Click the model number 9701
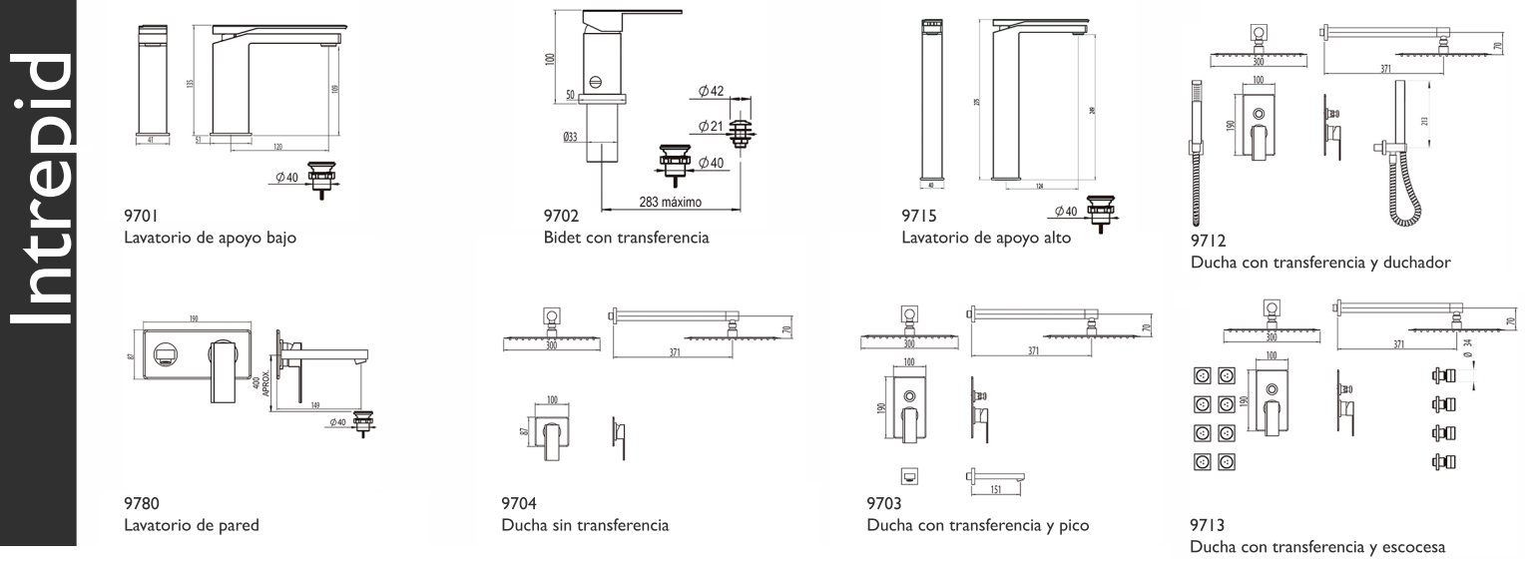[x=141, y=215]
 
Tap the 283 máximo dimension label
[x=670, y=202]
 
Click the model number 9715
[x=917, y=215]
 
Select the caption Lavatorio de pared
[x=192, y=526]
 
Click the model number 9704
[x=519, y=503]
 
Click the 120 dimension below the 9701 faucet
[x=277, y=146]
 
